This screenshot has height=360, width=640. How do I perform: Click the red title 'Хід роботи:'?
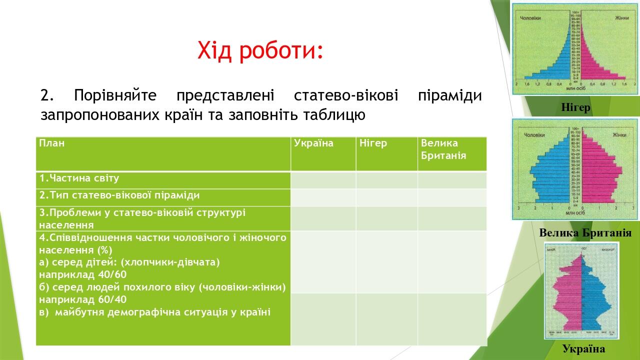coord(260,50)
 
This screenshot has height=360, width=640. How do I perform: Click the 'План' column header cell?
coord(52,143)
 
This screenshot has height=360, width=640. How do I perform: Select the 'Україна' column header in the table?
coord(313,143)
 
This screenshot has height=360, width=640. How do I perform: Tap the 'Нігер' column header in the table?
coord(373,143)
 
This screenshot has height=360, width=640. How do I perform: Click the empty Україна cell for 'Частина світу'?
coord(323,180)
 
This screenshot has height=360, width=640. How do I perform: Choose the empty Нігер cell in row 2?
coord(386,197)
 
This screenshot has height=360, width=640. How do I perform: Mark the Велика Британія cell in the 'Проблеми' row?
coord(451,218)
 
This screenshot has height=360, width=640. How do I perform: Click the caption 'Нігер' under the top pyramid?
coord(575,107)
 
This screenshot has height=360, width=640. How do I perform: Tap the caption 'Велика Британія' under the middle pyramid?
coord(585,233)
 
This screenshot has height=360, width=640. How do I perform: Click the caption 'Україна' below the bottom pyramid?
coord(583,349)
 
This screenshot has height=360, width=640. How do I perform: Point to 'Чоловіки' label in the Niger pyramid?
coord(530,18)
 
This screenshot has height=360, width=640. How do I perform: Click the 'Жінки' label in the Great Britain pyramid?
coord(619,135)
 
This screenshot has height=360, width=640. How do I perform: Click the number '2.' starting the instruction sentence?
coord(47,95)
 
